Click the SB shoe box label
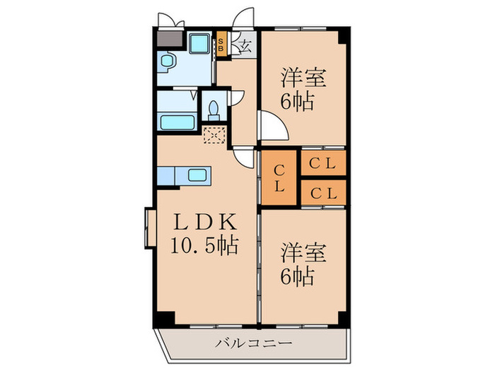pos(221,46)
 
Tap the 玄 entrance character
pos(245,47)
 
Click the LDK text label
pos(204,223)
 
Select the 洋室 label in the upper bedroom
pos(305,76)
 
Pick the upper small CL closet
pos(323,164)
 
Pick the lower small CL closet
pos(323,192)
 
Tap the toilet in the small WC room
pos(213,109)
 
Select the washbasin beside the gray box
pos(168,64)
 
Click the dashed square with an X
pos(214,134)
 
